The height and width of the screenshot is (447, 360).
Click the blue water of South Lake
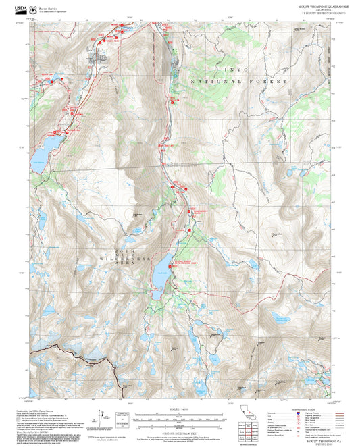[162, 275]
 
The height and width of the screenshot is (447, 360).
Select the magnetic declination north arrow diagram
[103, 414]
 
